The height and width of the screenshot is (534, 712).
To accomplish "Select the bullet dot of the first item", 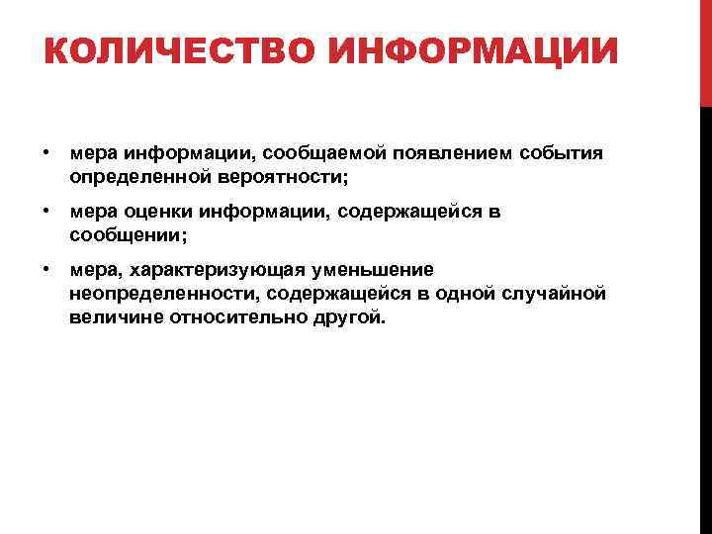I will pos(46,153).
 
